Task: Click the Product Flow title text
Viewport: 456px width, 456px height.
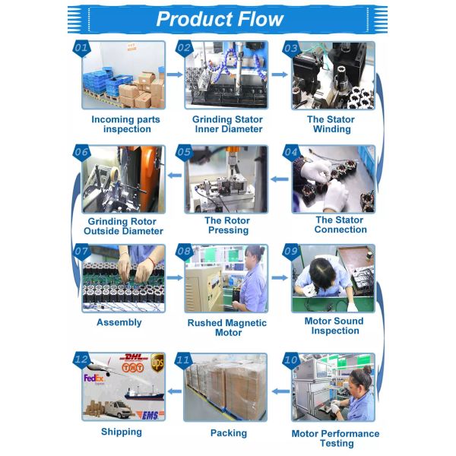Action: (x=220, y=19)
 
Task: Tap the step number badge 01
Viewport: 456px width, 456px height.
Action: (x=81, y=49)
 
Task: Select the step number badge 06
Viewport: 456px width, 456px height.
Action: (x=81, y=153)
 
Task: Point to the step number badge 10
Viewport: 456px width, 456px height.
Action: (x=291, y=360)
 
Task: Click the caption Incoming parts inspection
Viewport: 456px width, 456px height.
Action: (x=126, y=124)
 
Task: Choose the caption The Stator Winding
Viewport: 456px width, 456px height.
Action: (x=331, y=124)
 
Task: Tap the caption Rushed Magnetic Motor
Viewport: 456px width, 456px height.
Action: (x=227, y=328)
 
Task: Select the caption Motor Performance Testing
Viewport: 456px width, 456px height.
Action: (x=336, y=439)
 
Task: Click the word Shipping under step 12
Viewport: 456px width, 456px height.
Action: (x=122, y=432)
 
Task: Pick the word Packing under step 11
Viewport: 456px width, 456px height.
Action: (x=229, y=433)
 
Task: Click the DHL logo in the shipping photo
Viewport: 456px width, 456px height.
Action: (x=134, y=357)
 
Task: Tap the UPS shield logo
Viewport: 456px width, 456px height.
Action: (x=157, y=363)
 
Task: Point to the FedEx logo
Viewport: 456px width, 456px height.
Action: (x=93, y=378)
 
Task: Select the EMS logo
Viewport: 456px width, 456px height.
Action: (x=150, y=415)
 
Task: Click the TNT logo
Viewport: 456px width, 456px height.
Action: (x=132, y=368)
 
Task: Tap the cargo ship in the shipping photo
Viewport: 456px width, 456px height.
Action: (x=144, y=393)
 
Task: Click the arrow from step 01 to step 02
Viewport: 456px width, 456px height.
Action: (x=175, y=74)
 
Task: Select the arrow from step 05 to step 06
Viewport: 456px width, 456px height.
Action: (x=175, y=176)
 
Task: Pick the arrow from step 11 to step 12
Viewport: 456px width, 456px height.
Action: (x=175, y=391)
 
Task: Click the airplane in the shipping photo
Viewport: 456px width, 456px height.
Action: (x=102, y=367)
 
